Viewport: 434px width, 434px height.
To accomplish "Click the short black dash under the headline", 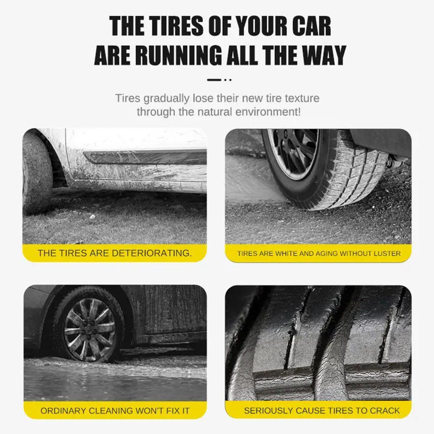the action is click(x=214, y=80).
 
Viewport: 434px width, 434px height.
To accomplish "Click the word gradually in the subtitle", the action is click(x=166, y=99).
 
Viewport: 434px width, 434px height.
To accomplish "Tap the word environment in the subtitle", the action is click(x=268, y=112).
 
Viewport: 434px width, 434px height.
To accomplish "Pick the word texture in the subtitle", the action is click(x=302, y=98).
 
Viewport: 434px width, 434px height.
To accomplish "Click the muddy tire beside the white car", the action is click(x=36, y=173).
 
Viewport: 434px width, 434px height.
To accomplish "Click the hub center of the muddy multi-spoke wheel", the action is click(x=89, y=330).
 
